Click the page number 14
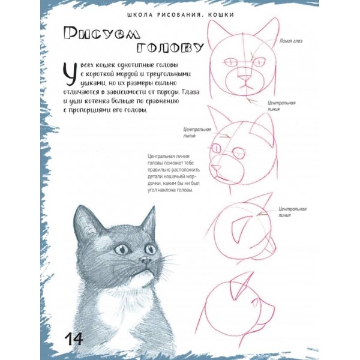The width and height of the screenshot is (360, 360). (74, 339)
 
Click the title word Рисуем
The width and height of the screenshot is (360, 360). (102, 34)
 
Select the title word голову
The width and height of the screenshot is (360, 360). (170, 47)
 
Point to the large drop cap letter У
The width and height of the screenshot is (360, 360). (69, 74)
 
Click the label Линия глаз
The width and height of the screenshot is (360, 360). (290, 41)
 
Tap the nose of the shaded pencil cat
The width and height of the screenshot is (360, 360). (146, 260)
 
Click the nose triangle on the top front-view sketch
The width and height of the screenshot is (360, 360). (245, 78)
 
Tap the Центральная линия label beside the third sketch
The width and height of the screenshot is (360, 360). (293, 212)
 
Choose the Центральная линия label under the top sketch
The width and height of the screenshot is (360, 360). (282, 106)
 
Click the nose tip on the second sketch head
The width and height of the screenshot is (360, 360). (212, 166)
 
